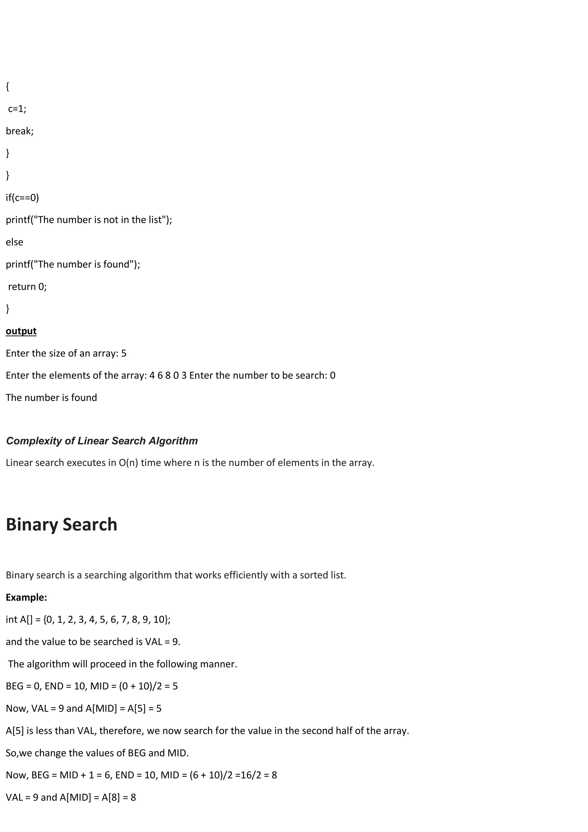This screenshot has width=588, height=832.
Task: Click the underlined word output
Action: (x=21, y=331)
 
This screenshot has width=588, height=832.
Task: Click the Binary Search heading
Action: (x=62, y=525)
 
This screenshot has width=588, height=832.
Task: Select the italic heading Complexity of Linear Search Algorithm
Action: (x=102, y=441)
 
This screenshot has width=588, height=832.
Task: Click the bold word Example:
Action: (x=26, y=597)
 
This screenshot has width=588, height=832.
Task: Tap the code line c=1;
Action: (x=17, y=109)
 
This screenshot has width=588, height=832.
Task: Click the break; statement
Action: (x=20, y=131)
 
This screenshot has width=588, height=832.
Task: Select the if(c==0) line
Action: (x=22, y=198)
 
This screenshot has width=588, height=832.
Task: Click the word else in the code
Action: (x=14, y=242)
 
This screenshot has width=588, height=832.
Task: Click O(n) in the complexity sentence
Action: (x=128, y=463)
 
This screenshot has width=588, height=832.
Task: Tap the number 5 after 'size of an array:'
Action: (x=124, y=353)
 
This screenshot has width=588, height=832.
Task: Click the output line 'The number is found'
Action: (x=51, y=398)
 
